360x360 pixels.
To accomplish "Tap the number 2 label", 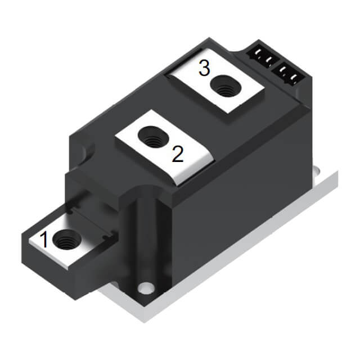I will pyautogui.click(x=177, y=154).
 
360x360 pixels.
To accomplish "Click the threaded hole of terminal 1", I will pyautogui.click(x=66, y=241).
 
